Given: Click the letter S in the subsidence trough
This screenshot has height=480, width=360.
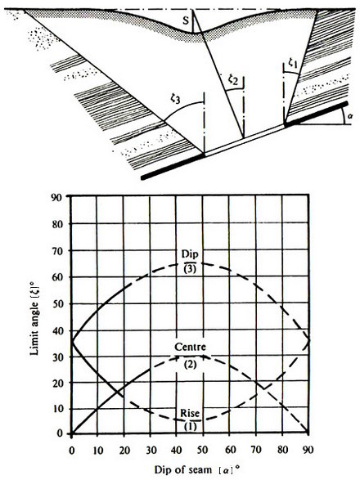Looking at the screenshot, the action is pos(186,20).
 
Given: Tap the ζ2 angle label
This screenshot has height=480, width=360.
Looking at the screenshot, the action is pos(233,80).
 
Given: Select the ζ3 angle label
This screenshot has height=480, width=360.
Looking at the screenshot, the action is pos(176,99).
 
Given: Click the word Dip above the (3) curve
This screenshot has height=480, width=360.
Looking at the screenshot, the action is pos(190,254).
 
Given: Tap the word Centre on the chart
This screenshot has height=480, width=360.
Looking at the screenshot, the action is pos(190,347).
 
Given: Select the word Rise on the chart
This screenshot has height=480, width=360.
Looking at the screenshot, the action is pos(190,413).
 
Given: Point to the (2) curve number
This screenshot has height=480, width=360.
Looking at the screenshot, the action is pos(191,365).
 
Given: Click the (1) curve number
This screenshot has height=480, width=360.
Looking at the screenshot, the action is pos(191,426).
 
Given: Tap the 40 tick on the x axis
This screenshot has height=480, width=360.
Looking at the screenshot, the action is pos(177,450).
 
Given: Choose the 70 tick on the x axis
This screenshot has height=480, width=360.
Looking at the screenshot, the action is pos(256,450).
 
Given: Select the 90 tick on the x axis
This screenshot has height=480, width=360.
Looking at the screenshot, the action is pos(308,450).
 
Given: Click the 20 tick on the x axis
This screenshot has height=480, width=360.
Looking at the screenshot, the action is pos(124,450).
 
